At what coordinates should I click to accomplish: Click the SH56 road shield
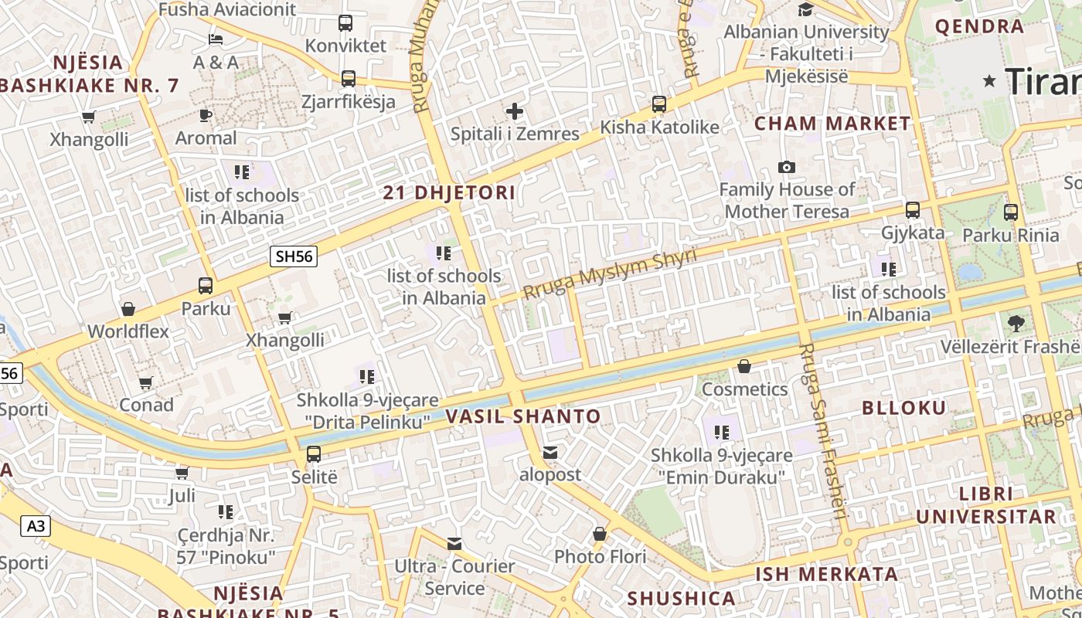click(294, 256)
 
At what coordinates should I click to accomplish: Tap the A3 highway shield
click(36, 527)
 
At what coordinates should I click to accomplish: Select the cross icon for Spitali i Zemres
click(515, 111)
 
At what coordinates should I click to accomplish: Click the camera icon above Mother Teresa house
click(787, 167)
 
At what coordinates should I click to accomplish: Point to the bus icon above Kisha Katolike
click(659, 104)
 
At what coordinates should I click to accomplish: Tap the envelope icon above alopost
click(550, 452)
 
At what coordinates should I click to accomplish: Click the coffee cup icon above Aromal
click(206, 116)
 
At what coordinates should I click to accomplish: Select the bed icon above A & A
click(216, 39)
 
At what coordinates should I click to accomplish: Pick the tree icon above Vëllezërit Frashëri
click(1016, 323)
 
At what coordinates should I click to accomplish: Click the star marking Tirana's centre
click(989, 80)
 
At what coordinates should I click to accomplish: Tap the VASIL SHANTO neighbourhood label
click(523, 416)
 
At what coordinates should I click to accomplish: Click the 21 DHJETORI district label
click(449, 193)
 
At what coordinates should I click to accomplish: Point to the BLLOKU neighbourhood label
click(903, 408)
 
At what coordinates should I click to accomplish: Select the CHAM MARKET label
click(833, 124)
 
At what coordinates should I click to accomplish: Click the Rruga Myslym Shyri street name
click(610, 273)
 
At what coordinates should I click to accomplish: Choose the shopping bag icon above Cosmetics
click(744, 366)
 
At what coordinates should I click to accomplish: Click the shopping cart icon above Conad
click(146, 382)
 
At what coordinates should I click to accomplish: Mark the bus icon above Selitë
click(314, 454)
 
